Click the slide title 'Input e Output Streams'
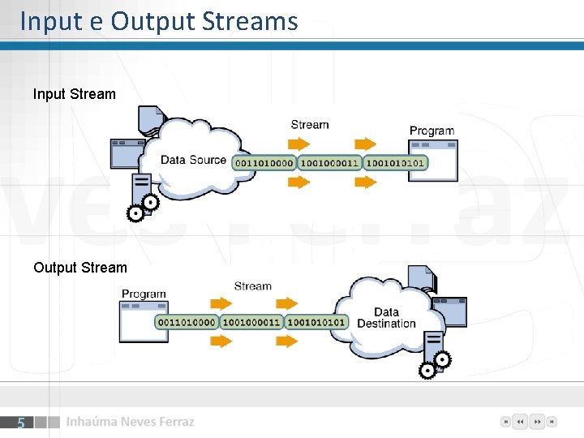pyautogui.click(x=159, y=21)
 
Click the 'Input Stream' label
pyautogui.click(x=75, y=94)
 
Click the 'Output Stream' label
pyautogui.click(x=80, y=268)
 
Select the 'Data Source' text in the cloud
pyautogui.click(x=193, y=160)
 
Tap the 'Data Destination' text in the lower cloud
pyautogui.click(x=386, y=318)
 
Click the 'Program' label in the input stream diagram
pyautogui.click(x=432, y=131)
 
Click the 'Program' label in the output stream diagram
pyautogui.click(x=144, y=294)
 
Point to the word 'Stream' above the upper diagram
pyautogui.click(x=310, y=124)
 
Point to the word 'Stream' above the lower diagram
pyautogui.click(x=252, y=286)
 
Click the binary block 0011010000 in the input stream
pyautogui.click(x=264, y=162)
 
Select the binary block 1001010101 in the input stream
pyautogui.click(x=395, y=162)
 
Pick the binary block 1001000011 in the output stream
pyautogui.click(x=251, y=322)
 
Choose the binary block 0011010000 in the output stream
pyautogui.click(x=187, y=322)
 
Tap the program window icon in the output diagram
pyautogui.click(x=144, y=321)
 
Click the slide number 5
pyautogui.click(x=21, y=423)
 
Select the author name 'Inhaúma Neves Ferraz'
pyautogui.click(x=130, y=422)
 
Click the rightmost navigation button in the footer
pyautogui.click(x=552, y=422)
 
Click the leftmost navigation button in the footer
pyautogui.click(x=505, y=422)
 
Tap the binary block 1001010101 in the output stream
pyautogui.click(x=317, y=322)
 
